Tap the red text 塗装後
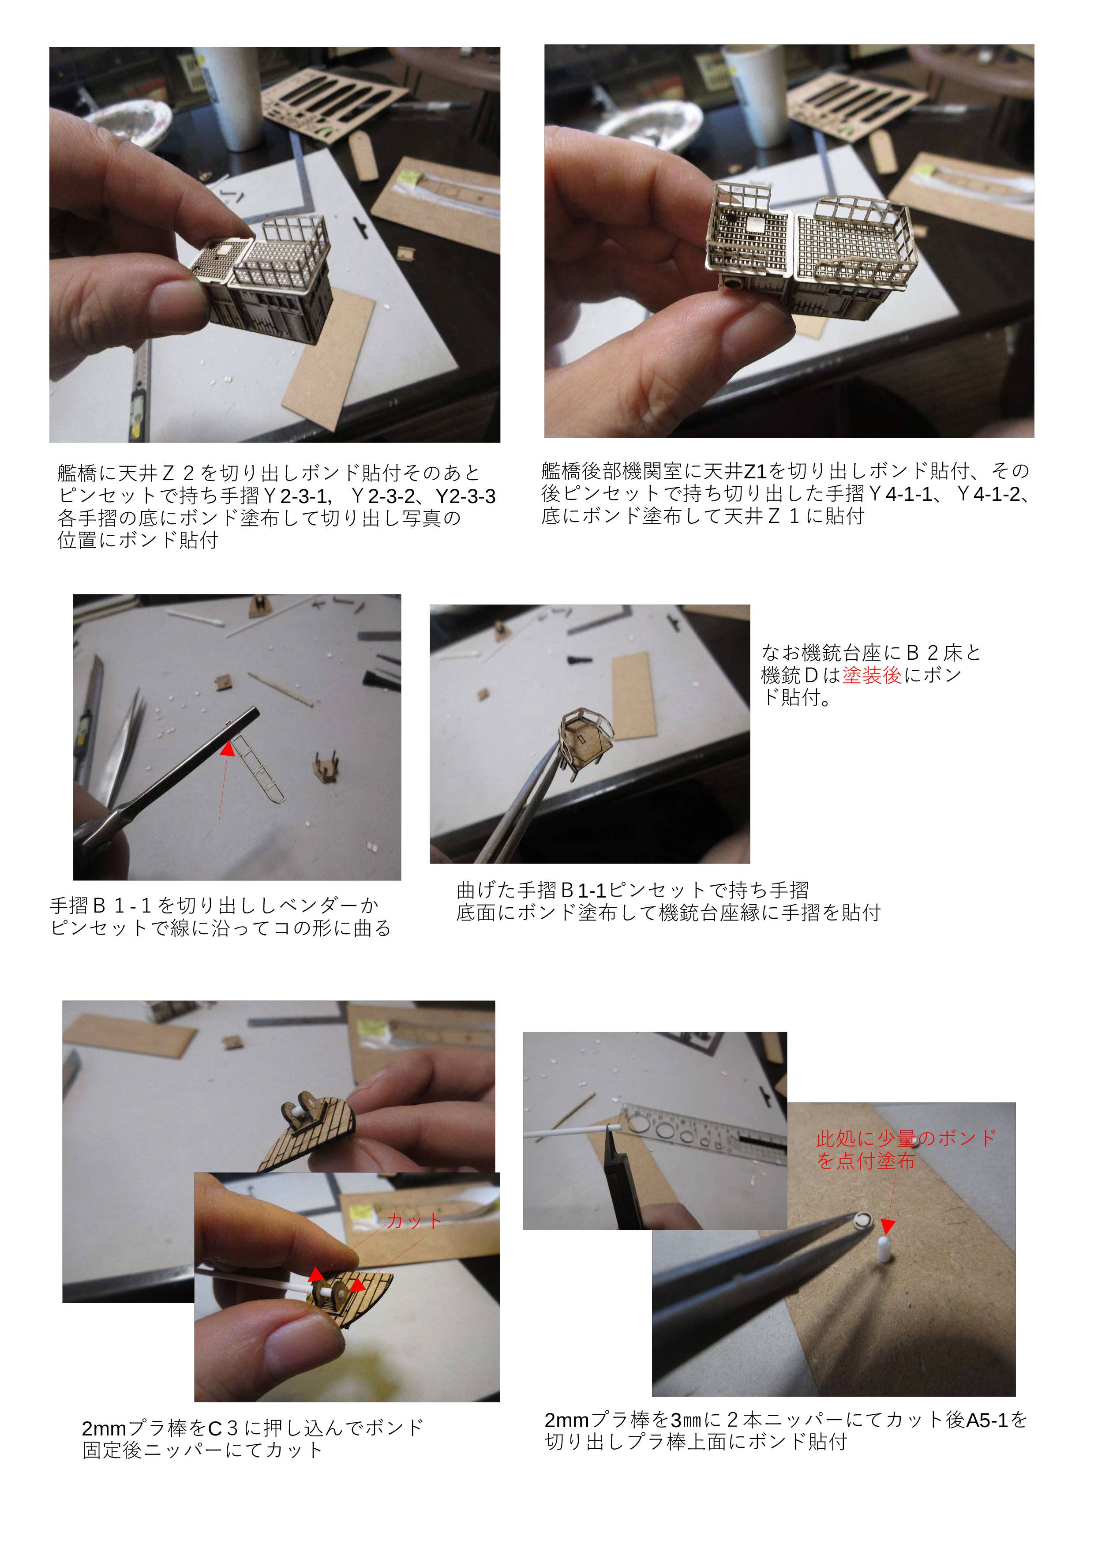click(x=872, y=675)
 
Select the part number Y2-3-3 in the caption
click(x=466, y=496)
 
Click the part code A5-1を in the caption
click(x=997, y=1420)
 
